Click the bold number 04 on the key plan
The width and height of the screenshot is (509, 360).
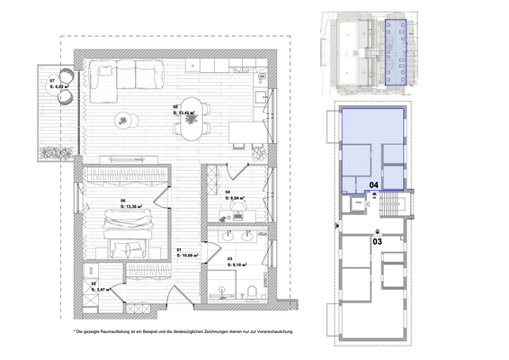pos(374,186)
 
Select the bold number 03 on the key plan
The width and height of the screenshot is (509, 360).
pos(378,241)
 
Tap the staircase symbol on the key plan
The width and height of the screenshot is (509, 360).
pos(388,207)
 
